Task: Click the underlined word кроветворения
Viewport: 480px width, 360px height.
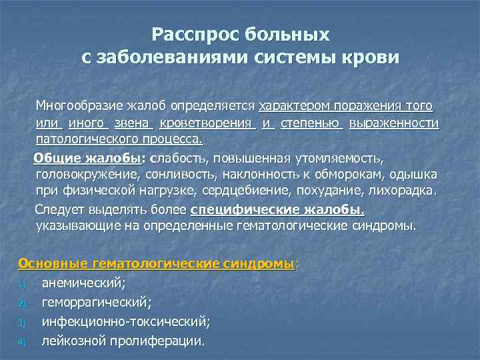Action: point(207,123)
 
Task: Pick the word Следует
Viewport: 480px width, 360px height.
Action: point(59,210)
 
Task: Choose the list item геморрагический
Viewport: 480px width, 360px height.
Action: point(96,303)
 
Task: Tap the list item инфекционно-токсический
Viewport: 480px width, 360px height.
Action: point(125,322)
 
